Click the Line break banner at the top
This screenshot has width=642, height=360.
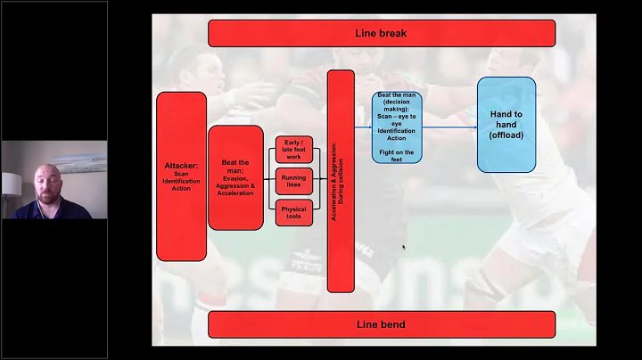(x=381, y=33)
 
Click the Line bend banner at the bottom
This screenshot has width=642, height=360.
(x=381, y=323)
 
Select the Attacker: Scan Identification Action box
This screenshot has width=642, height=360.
(x=181, y=176)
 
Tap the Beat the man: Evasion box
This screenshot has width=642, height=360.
(x=235, y=177)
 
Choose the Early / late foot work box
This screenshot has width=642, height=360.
(x=293, y=148)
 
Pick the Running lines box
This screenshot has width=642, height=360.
(x=293, y=181)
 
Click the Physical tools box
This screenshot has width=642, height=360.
(x=293, y=213)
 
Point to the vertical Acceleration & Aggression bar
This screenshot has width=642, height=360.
(x=341, y=181)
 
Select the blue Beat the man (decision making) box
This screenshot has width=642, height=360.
(x=397, y=127)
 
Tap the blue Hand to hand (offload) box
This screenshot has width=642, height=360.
(x=506, y=124)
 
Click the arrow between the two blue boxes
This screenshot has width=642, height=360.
(x=449, y=127)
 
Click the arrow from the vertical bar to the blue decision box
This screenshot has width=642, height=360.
(x=363, y=127)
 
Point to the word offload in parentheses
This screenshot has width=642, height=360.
(x=506, y=135)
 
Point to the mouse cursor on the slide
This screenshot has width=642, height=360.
(x=404, y=248)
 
